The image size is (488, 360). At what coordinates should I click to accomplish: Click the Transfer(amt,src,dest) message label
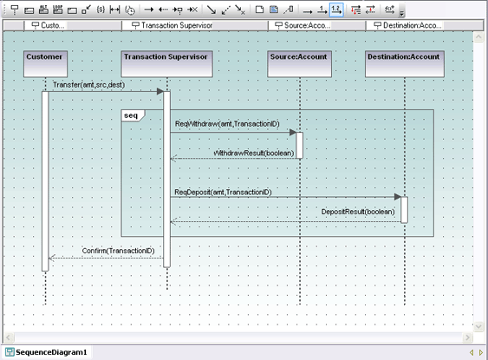click(x=88, y=85)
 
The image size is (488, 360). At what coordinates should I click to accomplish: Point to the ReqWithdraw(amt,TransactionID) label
click(x=227, y=125)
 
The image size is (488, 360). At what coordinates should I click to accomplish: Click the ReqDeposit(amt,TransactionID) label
click(x=223, y=192)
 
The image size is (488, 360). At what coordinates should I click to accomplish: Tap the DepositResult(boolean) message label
click(x=357, y=211)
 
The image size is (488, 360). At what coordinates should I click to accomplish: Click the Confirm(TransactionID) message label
click(x=119, y=251)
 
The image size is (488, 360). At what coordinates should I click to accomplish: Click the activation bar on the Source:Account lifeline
click(x=300, y=145)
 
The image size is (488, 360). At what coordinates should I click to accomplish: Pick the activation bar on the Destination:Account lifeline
click(x=404, y=209)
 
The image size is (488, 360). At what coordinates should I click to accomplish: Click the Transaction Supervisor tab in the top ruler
click(x=172, y=26)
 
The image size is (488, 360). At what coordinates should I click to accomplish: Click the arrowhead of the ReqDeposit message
click(x=397, y=197)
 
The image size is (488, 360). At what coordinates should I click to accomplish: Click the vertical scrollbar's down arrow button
click(x=481, y=325)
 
